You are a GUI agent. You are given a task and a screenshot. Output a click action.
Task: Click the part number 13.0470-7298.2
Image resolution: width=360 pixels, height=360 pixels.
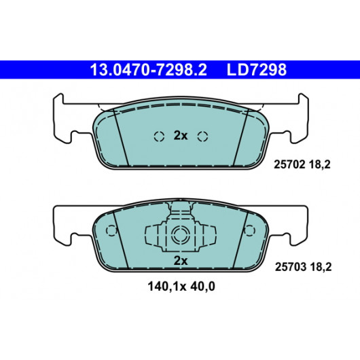148,70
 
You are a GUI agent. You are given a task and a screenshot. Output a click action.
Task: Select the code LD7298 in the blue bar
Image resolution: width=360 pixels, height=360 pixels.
257,70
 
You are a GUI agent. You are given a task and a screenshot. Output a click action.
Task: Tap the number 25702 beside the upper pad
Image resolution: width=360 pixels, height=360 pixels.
289,164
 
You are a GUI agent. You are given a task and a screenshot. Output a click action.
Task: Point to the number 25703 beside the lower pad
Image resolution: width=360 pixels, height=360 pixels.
291,267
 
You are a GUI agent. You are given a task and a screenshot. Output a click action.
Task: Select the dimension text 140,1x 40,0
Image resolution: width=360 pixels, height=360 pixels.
181,287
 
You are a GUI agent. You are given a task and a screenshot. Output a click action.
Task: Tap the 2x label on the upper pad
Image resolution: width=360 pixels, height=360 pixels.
181,136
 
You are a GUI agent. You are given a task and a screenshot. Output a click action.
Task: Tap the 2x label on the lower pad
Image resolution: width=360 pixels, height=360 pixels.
181,261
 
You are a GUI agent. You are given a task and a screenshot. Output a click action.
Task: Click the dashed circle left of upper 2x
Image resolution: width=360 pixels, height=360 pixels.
159,137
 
